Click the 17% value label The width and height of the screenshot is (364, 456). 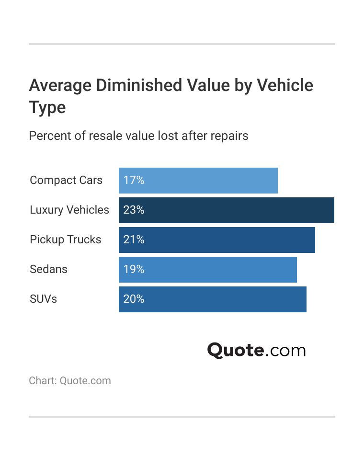tap(134, 181)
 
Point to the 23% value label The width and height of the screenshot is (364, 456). tap(134, 210)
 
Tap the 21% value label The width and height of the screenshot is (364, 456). tap(134, 240)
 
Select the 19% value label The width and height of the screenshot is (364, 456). tap(134, 270)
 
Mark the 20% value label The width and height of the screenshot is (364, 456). tap(134, 299)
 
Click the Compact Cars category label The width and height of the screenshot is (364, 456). tap(66, 181)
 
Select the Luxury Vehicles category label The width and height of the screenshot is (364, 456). tap(69, 210)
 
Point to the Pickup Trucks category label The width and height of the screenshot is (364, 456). tap(66, 240)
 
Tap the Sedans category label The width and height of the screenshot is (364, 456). tap(48, 270)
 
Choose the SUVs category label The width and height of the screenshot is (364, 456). tap(43, 299)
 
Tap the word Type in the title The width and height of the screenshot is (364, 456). tap(47, 107)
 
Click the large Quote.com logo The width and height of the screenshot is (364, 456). tap(256, 350)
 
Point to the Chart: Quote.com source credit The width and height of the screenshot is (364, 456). tap(70, 381)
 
